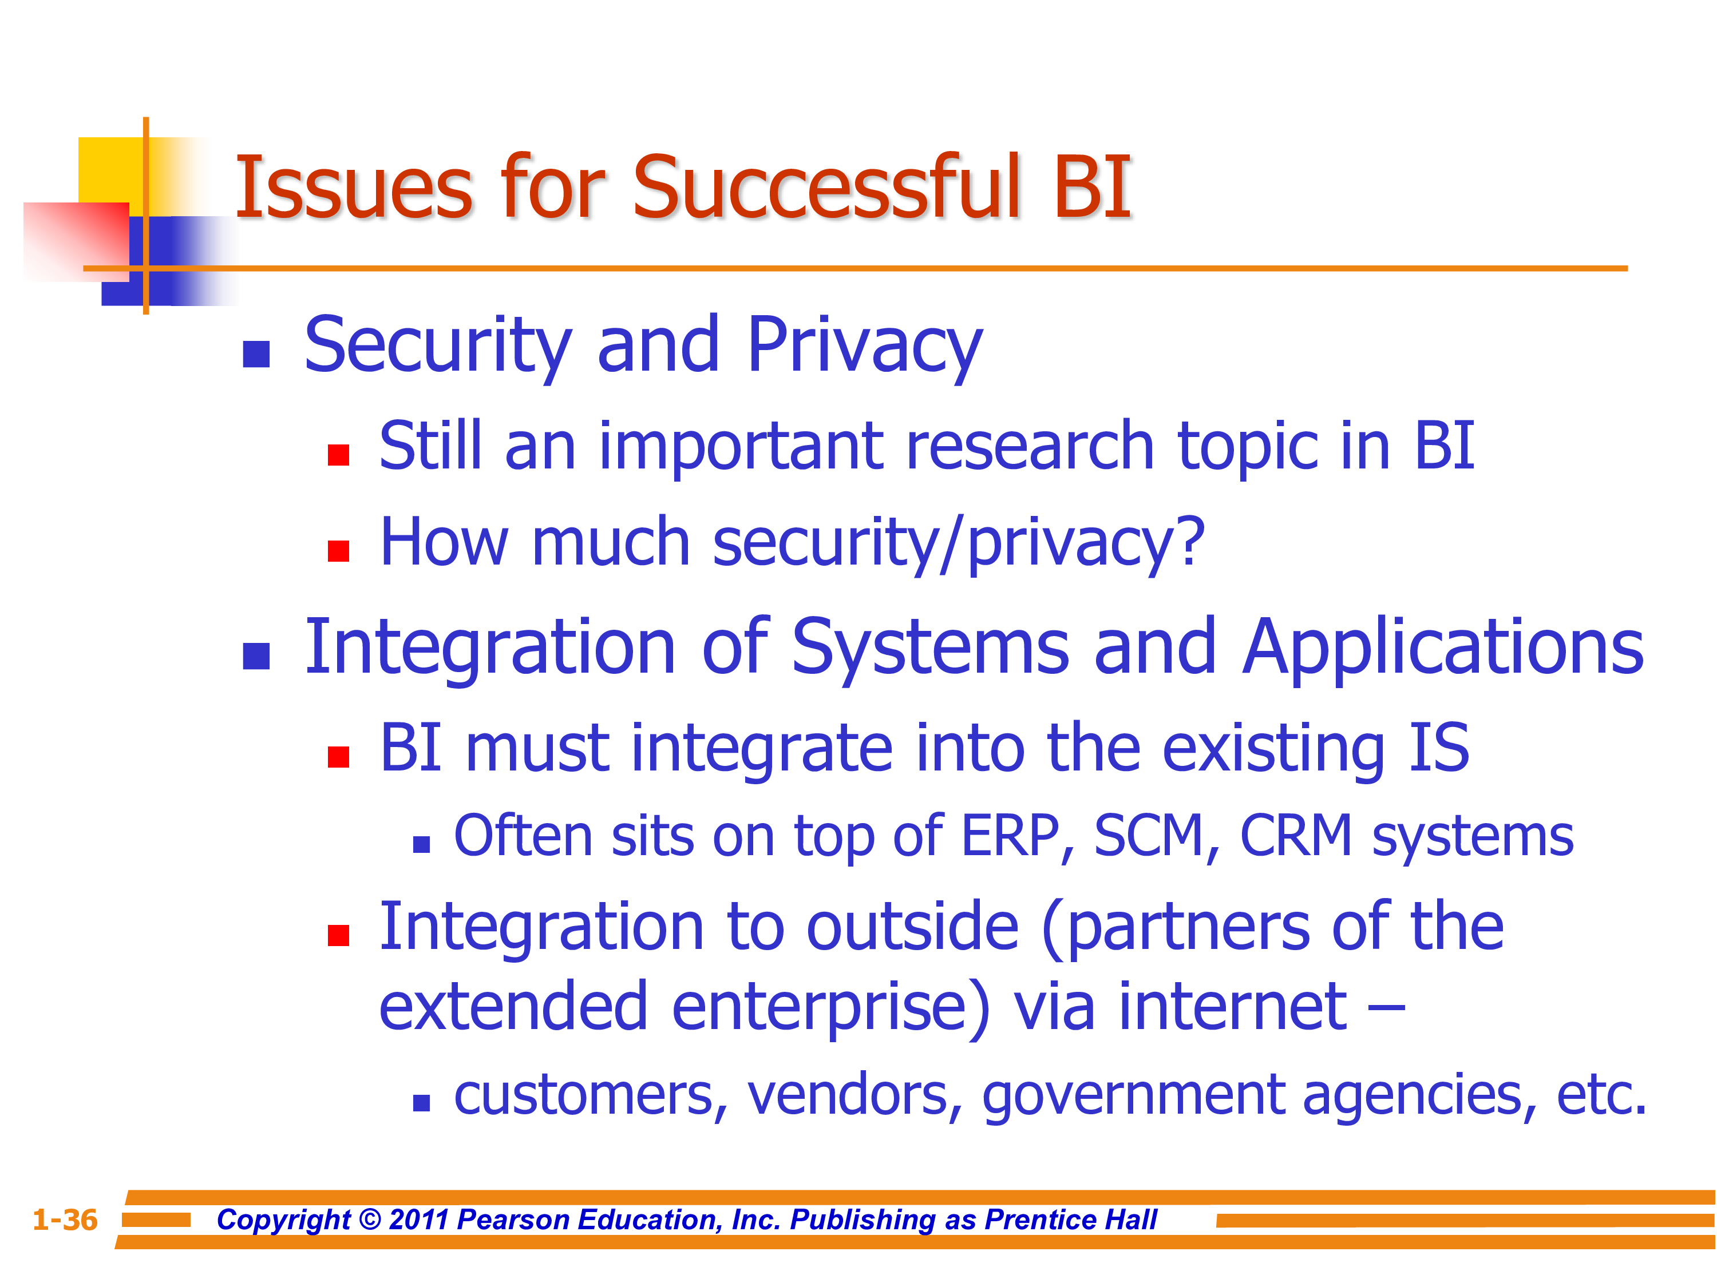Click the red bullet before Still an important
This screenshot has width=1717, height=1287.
[x=338, y=455]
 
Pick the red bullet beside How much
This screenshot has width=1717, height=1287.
[x=338, y=551]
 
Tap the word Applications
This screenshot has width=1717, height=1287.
[x=1443, y=649]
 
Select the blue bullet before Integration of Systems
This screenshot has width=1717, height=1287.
[x=256, y=656]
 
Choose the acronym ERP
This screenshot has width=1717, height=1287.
[x=1010, y=836]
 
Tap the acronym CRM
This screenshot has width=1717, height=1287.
[x=1296, y=836]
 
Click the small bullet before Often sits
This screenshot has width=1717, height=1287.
[x=421, y=845]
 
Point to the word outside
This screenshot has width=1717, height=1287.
[x=913, y=927]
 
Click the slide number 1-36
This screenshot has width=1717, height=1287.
[x=65, y=1220]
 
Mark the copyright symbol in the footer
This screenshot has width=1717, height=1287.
[x=371, y=1220]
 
